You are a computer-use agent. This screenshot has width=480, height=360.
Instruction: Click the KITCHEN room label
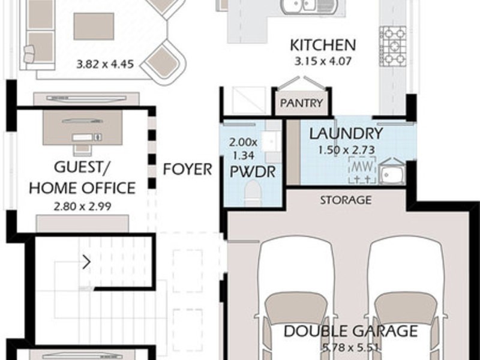point(323,45)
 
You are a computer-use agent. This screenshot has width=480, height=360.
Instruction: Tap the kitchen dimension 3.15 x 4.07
point(323,61)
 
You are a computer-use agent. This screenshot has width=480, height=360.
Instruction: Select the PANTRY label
point(302,103)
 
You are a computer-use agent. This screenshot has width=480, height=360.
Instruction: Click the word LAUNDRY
point(346,134)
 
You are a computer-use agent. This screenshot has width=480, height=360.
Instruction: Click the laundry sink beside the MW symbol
point(392,172)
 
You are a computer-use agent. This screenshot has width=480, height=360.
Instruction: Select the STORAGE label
point(345,200)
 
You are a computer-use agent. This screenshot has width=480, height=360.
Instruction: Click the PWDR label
point(252,173)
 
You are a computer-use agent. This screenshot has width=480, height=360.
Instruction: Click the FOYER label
point(188,170)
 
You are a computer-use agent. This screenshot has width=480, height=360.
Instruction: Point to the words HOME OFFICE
point(82,188)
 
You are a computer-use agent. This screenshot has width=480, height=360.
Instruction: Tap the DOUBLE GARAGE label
point(350,331)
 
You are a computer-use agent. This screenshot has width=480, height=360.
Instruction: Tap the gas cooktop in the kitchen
point(395,45)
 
